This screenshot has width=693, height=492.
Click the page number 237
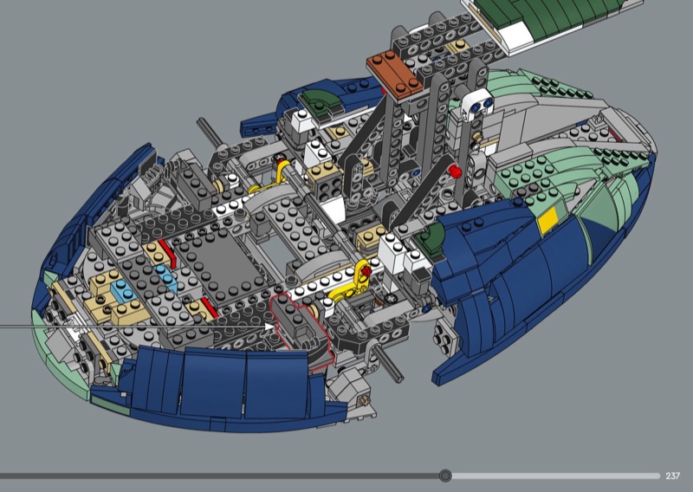(672, 476)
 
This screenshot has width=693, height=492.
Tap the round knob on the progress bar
(445, 476)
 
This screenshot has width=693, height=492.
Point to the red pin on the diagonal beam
(454, 172)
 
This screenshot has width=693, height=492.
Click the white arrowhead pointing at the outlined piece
(269, 327)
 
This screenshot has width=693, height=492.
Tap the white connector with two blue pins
(476, 105)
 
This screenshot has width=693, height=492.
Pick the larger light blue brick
(123, 292)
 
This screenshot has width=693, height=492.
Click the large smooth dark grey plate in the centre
(221, 270)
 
